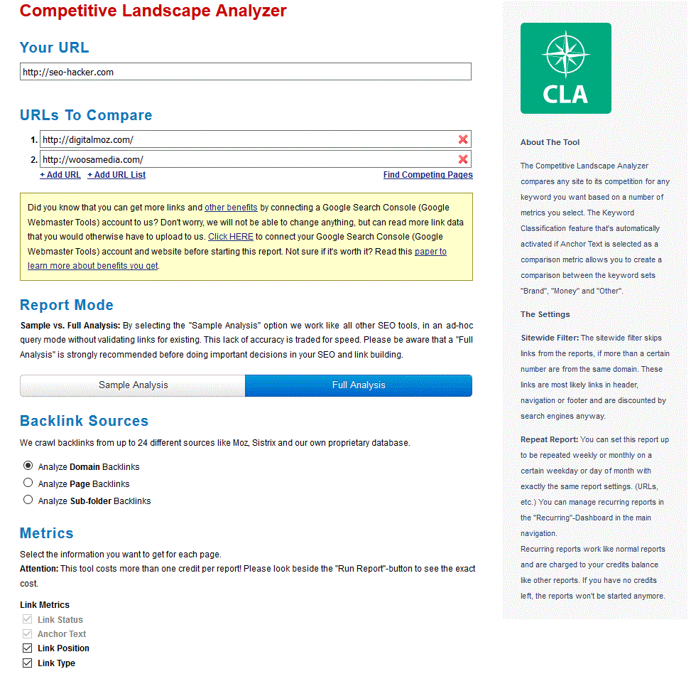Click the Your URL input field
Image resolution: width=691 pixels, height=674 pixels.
coord(245,72)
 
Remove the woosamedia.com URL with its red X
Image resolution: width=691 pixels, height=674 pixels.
coord(463,159)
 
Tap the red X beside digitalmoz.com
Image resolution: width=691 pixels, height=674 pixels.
coord(463,139)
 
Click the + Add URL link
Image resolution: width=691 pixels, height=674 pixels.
coord(60,175)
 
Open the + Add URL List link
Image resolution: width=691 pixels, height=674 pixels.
coord(116,175)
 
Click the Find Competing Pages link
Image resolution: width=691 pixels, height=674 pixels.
coord(428,175)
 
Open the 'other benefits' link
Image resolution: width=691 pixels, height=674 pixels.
coord(231,208)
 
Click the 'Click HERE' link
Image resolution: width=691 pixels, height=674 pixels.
coord(230,237)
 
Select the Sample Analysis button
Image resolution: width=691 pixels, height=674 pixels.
coord(133,385)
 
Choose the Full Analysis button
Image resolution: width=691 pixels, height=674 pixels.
coord(359,385)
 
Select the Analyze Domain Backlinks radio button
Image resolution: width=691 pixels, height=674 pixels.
coord(28,466)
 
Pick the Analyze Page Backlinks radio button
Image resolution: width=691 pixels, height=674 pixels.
coord(28,483)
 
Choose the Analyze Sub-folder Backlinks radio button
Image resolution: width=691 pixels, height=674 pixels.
coord(28,501)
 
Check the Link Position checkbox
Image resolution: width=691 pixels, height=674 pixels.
coord(28,648)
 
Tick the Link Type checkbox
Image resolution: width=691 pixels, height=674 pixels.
coord(28,663)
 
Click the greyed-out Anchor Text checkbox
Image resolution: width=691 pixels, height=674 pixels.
coord(28,634)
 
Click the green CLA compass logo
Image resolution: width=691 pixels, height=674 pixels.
coord(565,68)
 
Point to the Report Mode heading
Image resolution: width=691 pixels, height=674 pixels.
coord(67,305)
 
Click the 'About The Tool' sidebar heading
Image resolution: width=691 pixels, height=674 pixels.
coord(550,142)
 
